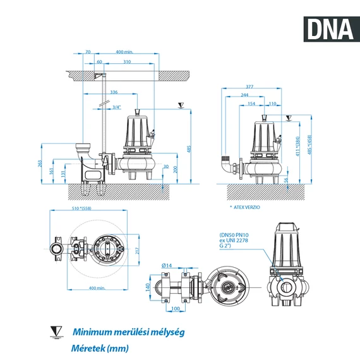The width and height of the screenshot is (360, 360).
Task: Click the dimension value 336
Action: point(114,92)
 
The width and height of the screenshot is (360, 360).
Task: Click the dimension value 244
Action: point(244,95)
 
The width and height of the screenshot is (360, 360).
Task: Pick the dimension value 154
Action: point(251,103)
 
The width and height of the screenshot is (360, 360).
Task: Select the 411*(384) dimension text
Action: point(297,147)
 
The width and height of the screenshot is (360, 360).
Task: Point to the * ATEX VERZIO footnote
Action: point(245,207)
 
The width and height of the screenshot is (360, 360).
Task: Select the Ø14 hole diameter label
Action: point(167,265)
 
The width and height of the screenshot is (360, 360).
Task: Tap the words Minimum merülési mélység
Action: point(128,332)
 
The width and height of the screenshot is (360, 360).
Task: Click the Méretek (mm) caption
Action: point(100,348)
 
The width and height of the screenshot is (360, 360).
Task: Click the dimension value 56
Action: point(285,181)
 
